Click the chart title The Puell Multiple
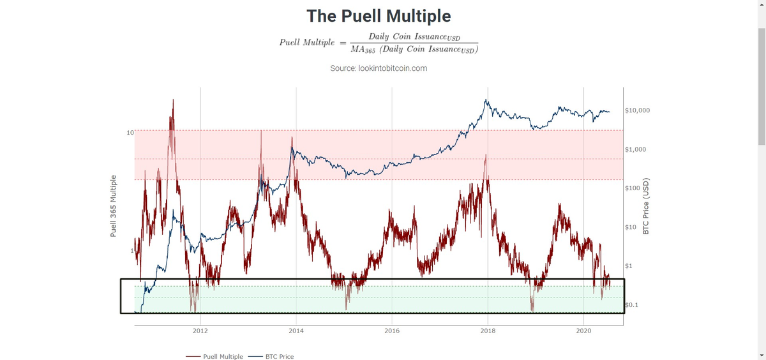pos(379,16)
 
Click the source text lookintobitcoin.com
pos(379,68)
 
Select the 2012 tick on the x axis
pos(200,331)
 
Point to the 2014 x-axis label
pos(296,331)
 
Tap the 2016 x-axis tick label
pos(392,331)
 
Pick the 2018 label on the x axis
pos(488,331)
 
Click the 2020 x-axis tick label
pos(583,331)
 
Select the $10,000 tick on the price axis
pos(638,110)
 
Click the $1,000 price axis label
pos(636,149)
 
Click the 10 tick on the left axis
pos(130,133)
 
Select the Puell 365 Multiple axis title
pos(114,206)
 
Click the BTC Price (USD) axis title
pos(645,206)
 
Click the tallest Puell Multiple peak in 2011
pos(172,100)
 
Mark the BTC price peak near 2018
pos(486,100)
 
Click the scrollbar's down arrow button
pos(761,355)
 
